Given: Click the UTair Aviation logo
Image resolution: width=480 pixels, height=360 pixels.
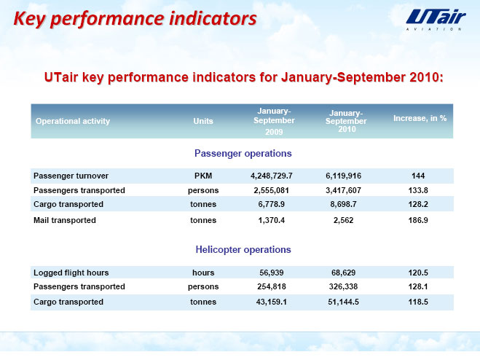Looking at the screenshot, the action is [x=436, y=19].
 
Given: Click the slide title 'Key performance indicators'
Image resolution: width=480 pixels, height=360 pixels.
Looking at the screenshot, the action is [x=135, y=18].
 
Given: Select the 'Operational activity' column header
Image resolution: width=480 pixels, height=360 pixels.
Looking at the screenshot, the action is [x=73, y=121].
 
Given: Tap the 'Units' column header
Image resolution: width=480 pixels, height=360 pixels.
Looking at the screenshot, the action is [x=203, y=121].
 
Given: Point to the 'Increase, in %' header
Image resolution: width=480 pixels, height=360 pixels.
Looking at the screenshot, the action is [x=420, y=118].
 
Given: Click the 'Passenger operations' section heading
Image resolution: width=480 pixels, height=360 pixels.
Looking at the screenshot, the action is [x=243, y=153].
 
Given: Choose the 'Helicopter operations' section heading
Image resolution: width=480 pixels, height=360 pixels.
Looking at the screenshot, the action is [x=243, y=249].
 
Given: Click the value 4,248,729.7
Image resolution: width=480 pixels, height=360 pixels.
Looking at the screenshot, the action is [x=271, y=176].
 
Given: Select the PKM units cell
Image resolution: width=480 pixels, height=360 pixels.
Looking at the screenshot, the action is [x=203, y=176].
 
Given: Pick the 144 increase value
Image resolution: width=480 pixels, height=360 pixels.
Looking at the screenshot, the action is [x=418, y=176].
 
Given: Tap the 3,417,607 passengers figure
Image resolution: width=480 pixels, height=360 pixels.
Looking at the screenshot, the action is [x=343, y=191].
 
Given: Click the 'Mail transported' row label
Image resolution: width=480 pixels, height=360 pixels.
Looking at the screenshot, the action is [x=65, y=220].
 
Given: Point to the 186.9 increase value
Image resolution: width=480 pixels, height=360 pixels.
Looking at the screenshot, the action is [x=418, y=220].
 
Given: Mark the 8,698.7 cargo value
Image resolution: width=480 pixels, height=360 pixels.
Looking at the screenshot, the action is [x=343, y=204].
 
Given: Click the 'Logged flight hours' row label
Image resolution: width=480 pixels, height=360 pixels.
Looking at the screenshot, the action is [x=71, y=273].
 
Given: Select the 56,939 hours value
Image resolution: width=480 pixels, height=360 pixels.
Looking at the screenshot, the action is [x=271, y=273].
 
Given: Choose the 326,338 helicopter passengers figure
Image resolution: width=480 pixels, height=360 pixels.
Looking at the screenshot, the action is [x=343, y=286].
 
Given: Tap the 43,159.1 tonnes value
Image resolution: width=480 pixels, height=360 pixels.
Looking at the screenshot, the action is [x=271, y=302].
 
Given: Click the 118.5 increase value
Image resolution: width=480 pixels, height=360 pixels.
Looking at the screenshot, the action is [x=418, y=302].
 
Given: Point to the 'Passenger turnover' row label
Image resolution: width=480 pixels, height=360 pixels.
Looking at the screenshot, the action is [x=71, y=176].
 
